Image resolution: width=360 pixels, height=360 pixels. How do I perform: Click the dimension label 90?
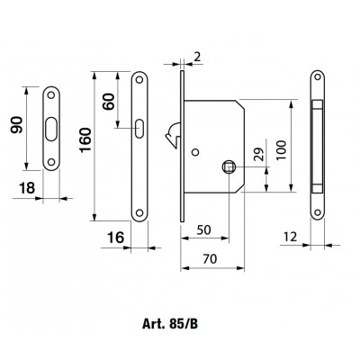[x=17, y=125]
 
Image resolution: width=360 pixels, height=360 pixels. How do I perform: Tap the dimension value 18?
[x=27, y=188]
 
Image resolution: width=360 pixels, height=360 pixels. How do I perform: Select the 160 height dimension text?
[x=85, y=139]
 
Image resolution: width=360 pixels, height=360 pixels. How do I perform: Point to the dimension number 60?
[x=109, y=102]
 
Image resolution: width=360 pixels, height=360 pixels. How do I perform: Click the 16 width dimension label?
[x=115, y=238]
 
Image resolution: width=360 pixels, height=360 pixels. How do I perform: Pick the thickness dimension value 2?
[x=197, y=57]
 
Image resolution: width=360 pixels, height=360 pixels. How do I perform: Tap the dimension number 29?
[x=260, y=155]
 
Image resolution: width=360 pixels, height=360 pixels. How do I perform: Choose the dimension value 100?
[x=282, y=150]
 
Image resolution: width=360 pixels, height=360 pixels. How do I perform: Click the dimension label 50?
[x=204, y=229]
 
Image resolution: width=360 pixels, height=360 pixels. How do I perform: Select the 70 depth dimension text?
[x=210, y=258]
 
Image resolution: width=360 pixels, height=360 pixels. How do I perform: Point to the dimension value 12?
[x=290, y=237]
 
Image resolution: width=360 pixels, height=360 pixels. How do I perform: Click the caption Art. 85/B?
[x=170, y=324]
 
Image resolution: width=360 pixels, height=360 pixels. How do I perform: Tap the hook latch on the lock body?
[x=173, y=136]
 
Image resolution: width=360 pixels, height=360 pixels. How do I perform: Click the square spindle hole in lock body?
[x=229, y=167]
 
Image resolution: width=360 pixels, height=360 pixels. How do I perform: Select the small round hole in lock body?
[x=195, y=152]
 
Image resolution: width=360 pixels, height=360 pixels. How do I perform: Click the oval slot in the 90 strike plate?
[x=51, y=129]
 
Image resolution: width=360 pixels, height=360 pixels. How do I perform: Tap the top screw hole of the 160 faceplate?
[x=139, y=80]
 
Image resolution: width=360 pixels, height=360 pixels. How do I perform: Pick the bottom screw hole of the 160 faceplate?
[x=139, y=212]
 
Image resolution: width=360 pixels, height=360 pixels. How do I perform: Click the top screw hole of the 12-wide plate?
[x=318, y=76]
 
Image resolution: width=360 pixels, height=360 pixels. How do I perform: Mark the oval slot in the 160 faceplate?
[x=139, y=129]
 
